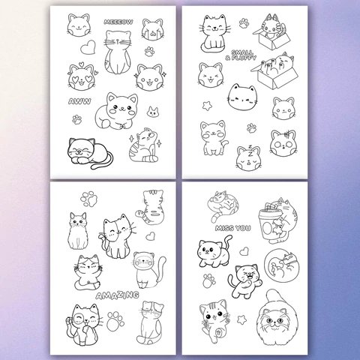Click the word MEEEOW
[x=118, y=22]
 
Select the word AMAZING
[x=117, y=295]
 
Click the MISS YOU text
[x=232, y=228]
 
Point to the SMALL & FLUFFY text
[x=241, y=55]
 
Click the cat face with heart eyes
[x=82, y=76]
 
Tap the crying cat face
[x=153, y=29]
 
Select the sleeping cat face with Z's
[x=249, y=158]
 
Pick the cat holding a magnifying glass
[x=83, y=324]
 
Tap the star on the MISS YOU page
[x=241, y=319]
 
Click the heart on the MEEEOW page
[x=88, y=47]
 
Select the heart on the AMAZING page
[x=150, y=236]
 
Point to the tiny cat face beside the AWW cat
[x=152, y=112]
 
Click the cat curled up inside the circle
[x=281, y=265]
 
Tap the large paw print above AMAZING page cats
[x=88, y=199]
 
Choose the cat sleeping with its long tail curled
[x=89, y=153]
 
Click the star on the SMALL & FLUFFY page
[x=207, y=106]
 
